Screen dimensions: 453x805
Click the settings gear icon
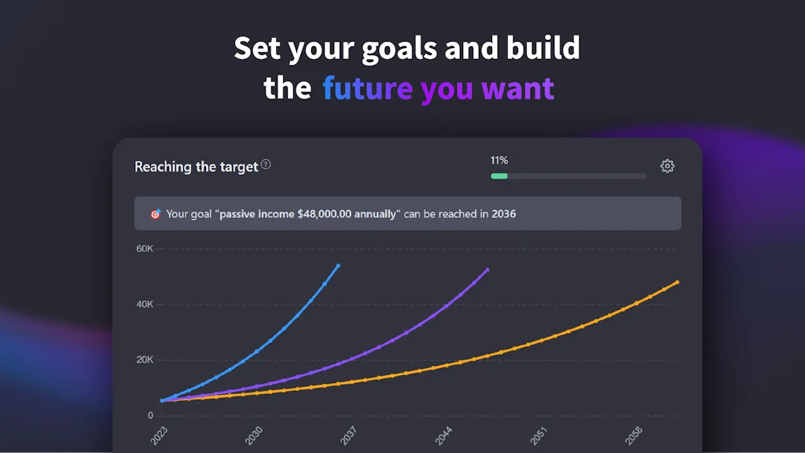pyautogui.click(x=667, y=166)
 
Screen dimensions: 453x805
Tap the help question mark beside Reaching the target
pyautogui.click(x=266, y=164)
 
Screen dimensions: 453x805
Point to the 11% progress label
pyautogui.click(x=499, y=160)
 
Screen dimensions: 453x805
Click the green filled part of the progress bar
pyautogui.click(x=499, y=176)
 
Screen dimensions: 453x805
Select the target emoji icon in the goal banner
pyautogui.click(x=155, y=214)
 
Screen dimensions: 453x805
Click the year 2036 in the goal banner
pyautogui.click(x=504, y=214)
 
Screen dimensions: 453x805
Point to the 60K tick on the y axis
pyautogui.click(x=145, y=249)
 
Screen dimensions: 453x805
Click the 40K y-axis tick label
pyautogui.click(x=145, y=304)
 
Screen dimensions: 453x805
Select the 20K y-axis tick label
pyautogui.click(x=145, y=360)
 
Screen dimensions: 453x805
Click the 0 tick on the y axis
pyautogui.click(x=150, y=415)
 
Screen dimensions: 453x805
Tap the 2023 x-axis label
pyautogui.click(x=159, y=435)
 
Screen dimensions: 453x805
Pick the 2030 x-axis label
pyautogui.click(x=253, y=435)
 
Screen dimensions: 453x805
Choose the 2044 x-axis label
pyautogui.click(x=443, y=435)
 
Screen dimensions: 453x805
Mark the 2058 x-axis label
pyautogui.click(x=634, y=435)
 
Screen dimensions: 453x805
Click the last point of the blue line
pyautogui.click(x=338, y=266)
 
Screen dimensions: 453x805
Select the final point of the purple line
pyautogui.click(x=487, y=270)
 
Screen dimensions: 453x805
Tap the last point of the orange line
pyautogui.click(x=677, y=282)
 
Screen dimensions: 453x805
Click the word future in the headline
pyautogui.click(x=367, y=88)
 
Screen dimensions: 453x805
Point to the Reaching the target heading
pyautogui.click(x=197, y=167)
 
